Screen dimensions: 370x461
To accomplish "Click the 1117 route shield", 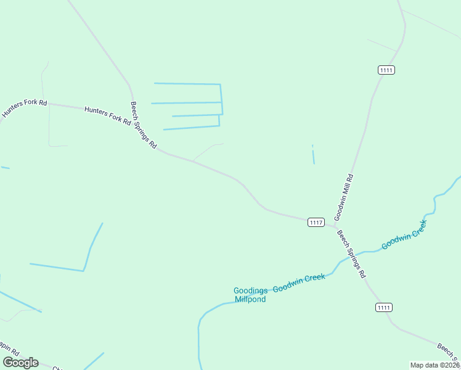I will (316, 222).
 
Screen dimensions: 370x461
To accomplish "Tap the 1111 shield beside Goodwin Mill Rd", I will (386, 70).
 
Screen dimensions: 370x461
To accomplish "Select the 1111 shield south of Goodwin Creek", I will (384, 307).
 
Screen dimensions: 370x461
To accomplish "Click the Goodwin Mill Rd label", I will (344, 197).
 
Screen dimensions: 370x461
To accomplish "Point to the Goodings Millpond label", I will (250, 295).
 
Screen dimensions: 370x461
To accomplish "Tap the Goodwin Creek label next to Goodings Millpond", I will (299, 283).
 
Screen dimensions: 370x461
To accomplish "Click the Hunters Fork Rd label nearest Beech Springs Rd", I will (108, 115).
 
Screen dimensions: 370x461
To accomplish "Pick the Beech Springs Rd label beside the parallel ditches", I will (143, 126).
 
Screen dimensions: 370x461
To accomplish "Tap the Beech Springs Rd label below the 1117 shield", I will (351, 253).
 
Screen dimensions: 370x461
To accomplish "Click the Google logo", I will (21, 363).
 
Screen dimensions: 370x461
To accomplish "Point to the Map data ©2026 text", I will (434, 365).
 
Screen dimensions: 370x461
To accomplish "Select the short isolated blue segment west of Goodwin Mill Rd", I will (313, 154).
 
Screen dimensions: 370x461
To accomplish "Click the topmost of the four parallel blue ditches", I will (187, 83).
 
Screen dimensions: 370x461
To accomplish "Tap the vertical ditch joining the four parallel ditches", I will (221, 105).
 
